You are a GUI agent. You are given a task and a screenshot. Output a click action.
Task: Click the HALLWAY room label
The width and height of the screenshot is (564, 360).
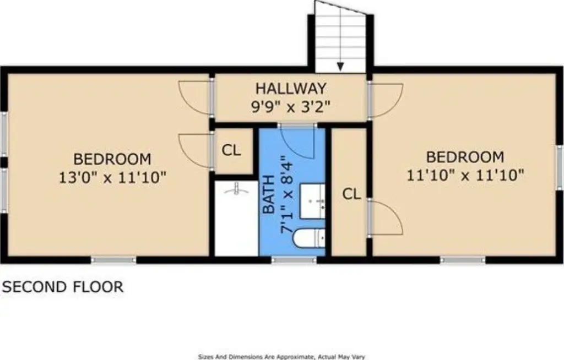[291, 88]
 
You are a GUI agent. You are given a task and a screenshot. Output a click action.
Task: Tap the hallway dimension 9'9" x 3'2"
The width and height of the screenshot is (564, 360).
[291, 107]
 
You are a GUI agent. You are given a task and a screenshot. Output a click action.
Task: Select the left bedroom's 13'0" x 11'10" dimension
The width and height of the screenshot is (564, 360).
[112, 177]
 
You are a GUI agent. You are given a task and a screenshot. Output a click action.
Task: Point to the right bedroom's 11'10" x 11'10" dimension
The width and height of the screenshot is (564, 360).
[465, 176]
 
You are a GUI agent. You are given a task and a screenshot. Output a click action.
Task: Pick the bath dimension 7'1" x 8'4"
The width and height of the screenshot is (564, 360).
[288, 194]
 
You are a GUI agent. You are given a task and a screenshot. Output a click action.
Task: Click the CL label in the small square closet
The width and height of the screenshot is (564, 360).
[231, 150]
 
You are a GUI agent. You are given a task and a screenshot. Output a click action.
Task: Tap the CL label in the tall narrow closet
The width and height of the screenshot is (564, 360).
[351, 194]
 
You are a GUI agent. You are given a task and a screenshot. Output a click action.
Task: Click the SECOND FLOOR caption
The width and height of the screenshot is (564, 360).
[63, 287]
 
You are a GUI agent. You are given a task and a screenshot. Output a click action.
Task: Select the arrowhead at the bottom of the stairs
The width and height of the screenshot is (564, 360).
[340, 67]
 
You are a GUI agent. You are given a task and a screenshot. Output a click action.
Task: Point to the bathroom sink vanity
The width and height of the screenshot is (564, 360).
[313, 201]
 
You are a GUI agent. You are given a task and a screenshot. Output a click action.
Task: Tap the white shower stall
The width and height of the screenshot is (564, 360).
[236, 219]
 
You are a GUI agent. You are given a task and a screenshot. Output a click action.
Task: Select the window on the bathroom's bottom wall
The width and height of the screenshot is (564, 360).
[294, 260]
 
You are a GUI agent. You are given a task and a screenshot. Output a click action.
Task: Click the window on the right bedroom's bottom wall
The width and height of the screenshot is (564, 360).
[463, 260]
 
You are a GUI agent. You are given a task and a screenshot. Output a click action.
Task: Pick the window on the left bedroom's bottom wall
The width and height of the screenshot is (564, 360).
[113, 260]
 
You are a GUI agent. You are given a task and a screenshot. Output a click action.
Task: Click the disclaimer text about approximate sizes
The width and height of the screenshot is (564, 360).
[281, 357]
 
